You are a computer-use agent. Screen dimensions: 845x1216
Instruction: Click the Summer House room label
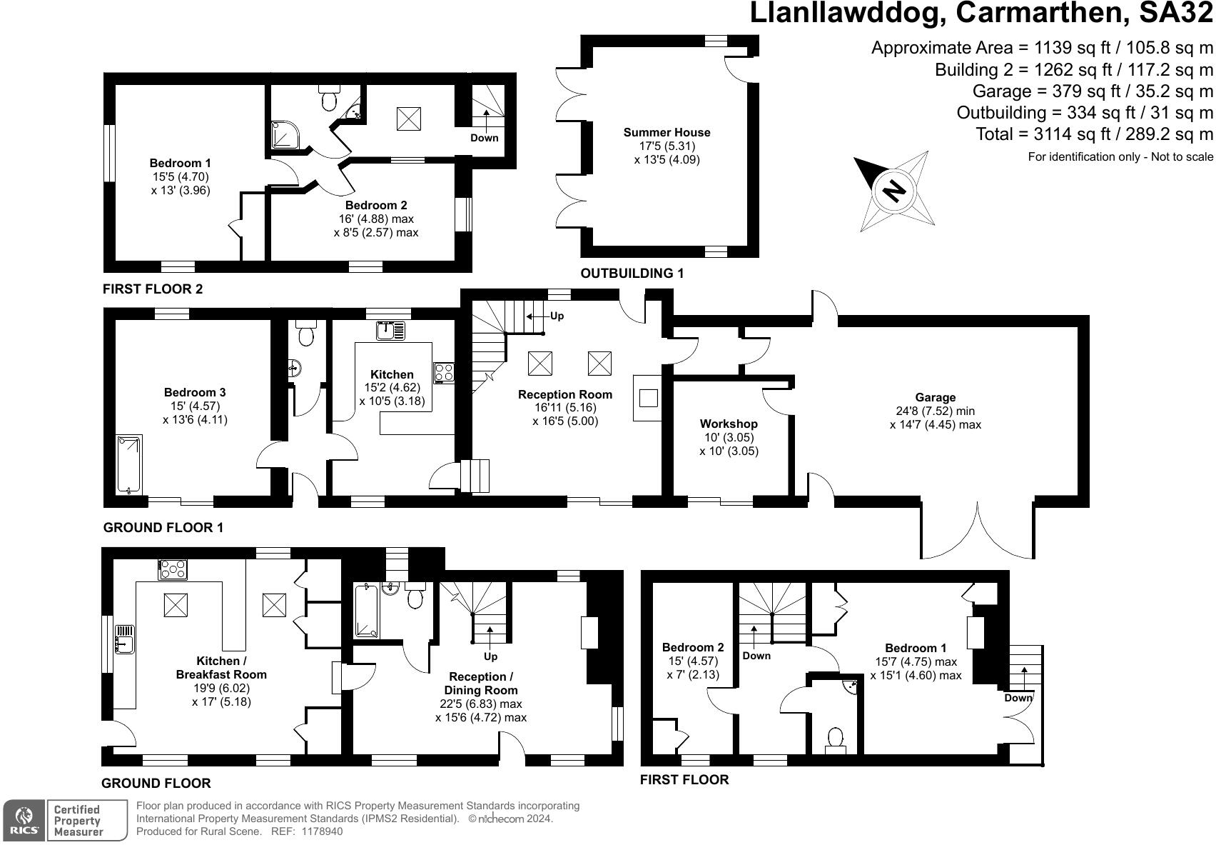pos(667,133)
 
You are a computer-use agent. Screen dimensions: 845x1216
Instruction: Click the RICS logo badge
pos(25,820)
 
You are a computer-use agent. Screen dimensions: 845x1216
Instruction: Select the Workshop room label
pos(729,424)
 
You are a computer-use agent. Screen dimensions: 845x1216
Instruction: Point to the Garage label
pos(935,398)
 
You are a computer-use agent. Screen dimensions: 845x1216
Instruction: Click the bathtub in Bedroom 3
pos(129,464)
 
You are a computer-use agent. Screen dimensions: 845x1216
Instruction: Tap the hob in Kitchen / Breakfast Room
pos(173,569)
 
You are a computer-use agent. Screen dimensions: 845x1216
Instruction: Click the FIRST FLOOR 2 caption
pos(153,289)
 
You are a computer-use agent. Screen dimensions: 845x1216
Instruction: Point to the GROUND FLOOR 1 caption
pos(163,528)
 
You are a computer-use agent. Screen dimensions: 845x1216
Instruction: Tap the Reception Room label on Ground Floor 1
pos(564,395)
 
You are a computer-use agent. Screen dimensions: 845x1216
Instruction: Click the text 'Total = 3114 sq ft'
pos(1094,134)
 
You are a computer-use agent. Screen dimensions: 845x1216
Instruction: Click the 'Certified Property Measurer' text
pos(78,820)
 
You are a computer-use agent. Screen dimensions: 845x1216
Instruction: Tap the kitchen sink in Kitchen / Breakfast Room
pos(124,638)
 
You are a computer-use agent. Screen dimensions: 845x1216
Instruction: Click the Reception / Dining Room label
pos(480,684)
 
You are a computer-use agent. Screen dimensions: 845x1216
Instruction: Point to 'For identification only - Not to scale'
pos(1120,157)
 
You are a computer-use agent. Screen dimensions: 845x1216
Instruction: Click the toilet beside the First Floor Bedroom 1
pos(835,738)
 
